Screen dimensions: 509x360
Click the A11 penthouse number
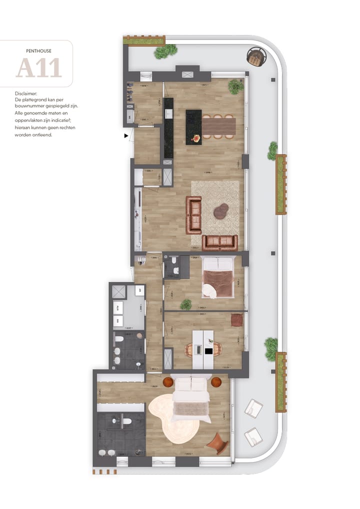click(38, 68)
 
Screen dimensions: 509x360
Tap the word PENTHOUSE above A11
click(38, 50)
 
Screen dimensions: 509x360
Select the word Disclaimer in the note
click(26, 93)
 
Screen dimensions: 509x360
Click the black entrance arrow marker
click(126, 135)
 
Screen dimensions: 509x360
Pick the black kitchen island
click(193, 127)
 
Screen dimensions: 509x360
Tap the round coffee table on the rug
click(221, 211)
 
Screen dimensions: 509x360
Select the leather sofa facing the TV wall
click(193, 215)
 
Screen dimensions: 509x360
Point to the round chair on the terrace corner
click(256, 56)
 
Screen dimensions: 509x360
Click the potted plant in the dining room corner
click(235, 87)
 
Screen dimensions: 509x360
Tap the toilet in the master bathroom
click(125, 421)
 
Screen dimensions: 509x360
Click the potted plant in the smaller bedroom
click(186, 304)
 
